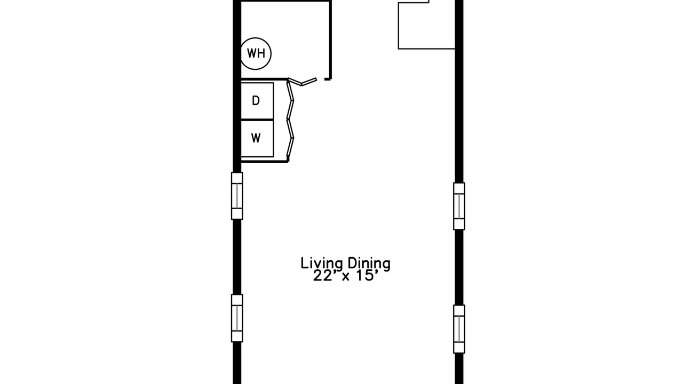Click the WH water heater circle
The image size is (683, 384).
pos(256,54)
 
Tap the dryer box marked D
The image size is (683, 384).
pos(257,101)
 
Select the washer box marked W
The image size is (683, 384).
pos(257,139)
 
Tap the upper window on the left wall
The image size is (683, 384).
pos(237,196)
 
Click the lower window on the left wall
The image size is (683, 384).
pos(237,318)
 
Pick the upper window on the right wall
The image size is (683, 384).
pos(459,206)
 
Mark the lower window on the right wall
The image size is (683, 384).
pos(459,329)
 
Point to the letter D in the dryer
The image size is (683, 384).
pos(256,101)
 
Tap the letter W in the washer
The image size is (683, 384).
pos(256,138)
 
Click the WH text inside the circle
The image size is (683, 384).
pos(256,54)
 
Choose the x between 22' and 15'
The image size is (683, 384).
pos(345,277)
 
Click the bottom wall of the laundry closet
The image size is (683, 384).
pos(264,162)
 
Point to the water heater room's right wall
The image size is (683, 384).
pos(330,39)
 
